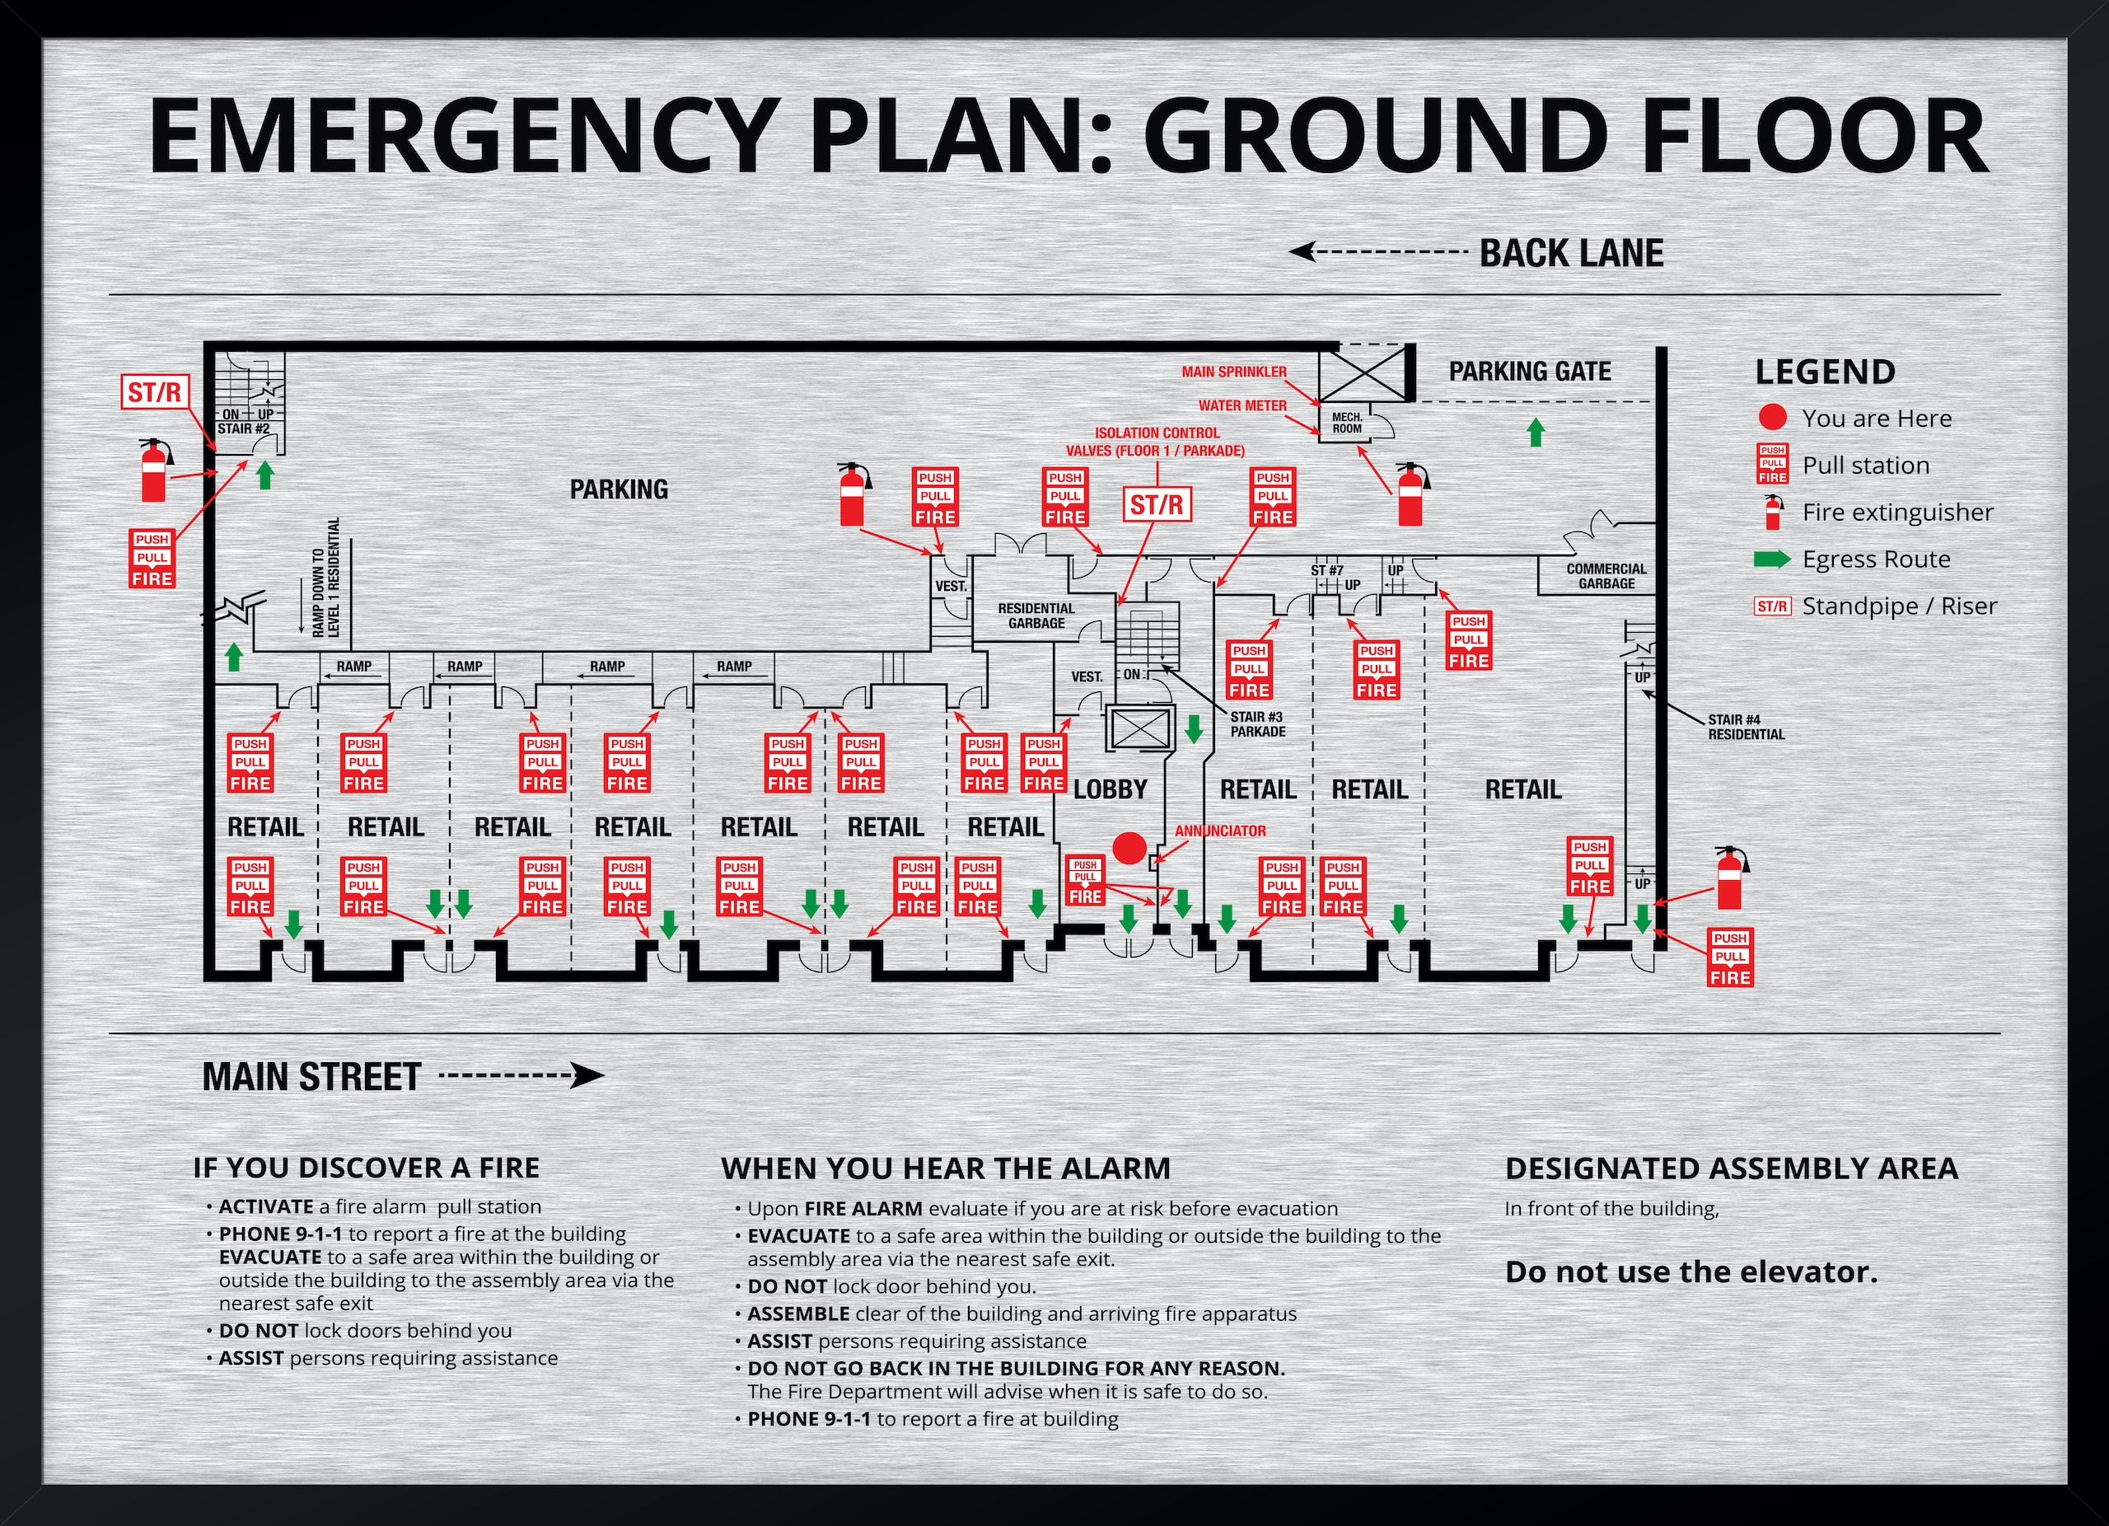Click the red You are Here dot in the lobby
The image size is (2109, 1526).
[x=1129, y=848]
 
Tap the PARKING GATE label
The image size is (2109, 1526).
[x=1530, y=371]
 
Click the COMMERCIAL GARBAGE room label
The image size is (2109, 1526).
[x=1606, y=576]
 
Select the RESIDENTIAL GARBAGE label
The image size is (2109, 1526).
[x=1036, y=616]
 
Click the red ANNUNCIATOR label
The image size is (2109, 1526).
[x=1220, y=831]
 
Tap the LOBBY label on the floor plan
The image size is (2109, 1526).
[x=1111, y=789]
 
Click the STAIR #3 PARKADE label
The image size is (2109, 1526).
[x=1257, y=723]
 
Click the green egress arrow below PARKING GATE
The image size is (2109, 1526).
[x=1536, y=432]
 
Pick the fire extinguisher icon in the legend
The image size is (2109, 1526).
[x=1774, y=513]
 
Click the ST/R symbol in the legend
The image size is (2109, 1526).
[x=1771, y=606]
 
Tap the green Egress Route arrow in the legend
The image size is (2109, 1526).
[x=1771, y=559]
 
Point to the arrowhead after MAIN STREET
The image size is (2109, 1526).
[x=588, y=1076]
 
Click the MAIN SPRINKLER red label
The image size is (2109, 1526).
[x=1234, y=372]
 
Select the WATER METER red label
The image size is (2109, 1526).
[x=1242, y=405]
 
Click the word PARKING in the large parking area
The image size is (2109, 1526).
[x=619, y=489]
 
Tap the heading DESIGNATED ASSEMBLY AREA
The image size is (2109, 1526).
[x=1732, y=1168]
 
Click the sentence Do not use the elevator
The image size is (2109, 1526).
[x=1691, y=1271]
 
